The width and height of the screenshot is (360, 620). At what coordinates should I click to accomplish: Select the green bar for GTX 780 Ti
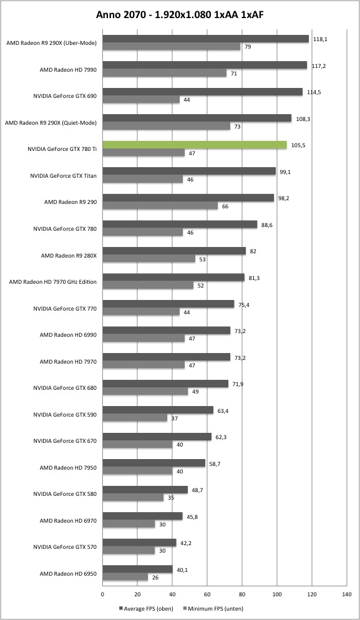tap(195, 145)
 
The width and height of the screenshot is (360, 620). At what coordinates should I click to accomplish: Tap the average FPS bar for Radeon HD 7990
tap(205, 65)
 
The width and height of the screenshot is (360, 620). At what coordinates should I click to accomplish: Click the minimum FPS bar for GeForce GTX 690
tap(141, 100)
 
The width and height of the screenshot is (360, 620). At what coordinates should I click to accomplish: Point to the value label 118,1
tap(318, 39)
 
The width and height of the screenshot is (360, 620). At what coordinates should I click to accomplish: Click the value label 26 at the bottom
tap(155, 578)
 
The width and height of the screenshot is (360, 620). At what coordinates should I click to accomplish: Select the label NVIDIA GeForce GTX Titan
tap(63, 175)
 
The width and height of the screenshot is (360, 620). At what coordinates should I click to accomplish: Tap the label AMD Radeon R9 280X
tap(69, 256)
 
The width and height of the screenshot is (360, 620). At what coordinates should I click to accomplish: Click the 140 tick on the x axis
tap(346, 594)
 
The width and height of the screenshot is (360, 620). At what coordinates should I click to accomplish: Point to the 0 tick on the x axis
tap(102, 594)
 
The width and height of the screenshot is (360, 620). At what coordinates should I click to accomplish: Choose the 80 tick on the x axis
tap(242, 594)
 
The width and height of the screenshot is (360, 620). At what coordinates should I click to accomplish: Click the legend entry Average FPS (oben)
tap(146, 609)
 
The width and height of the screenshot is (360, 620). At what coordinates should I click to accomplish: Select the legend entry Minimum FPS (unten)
tap(213, 609)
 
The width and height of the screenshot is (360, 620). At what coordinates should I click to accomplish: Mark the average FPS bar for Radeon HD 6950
tap(138, 569)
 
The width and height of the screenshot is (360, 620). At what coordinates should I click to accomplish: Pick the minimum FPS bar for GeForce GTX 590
tap(135, 417)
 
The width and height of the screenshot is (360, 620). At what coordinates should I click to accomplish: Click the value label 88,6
tap(268, 225)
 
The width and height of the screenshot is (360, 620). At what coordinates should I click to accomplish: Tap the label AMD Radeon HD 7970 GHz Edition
tap(53, 282)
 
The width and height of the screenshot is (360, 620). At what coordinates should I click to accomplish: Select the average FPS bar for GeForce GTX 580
tap(145, 490)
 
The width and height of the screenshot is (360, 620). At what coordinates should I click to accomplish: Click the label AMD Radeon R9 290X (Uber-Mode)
tap(51, 43)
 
